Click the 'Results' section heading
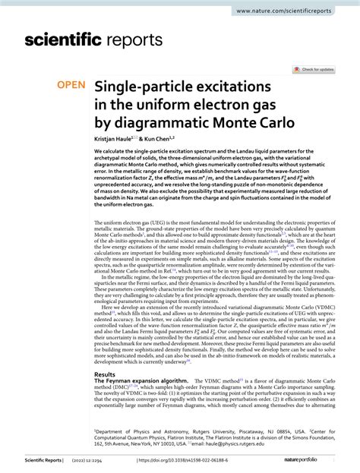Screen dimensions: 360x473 pyautogui.click(x=105, y=374)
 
